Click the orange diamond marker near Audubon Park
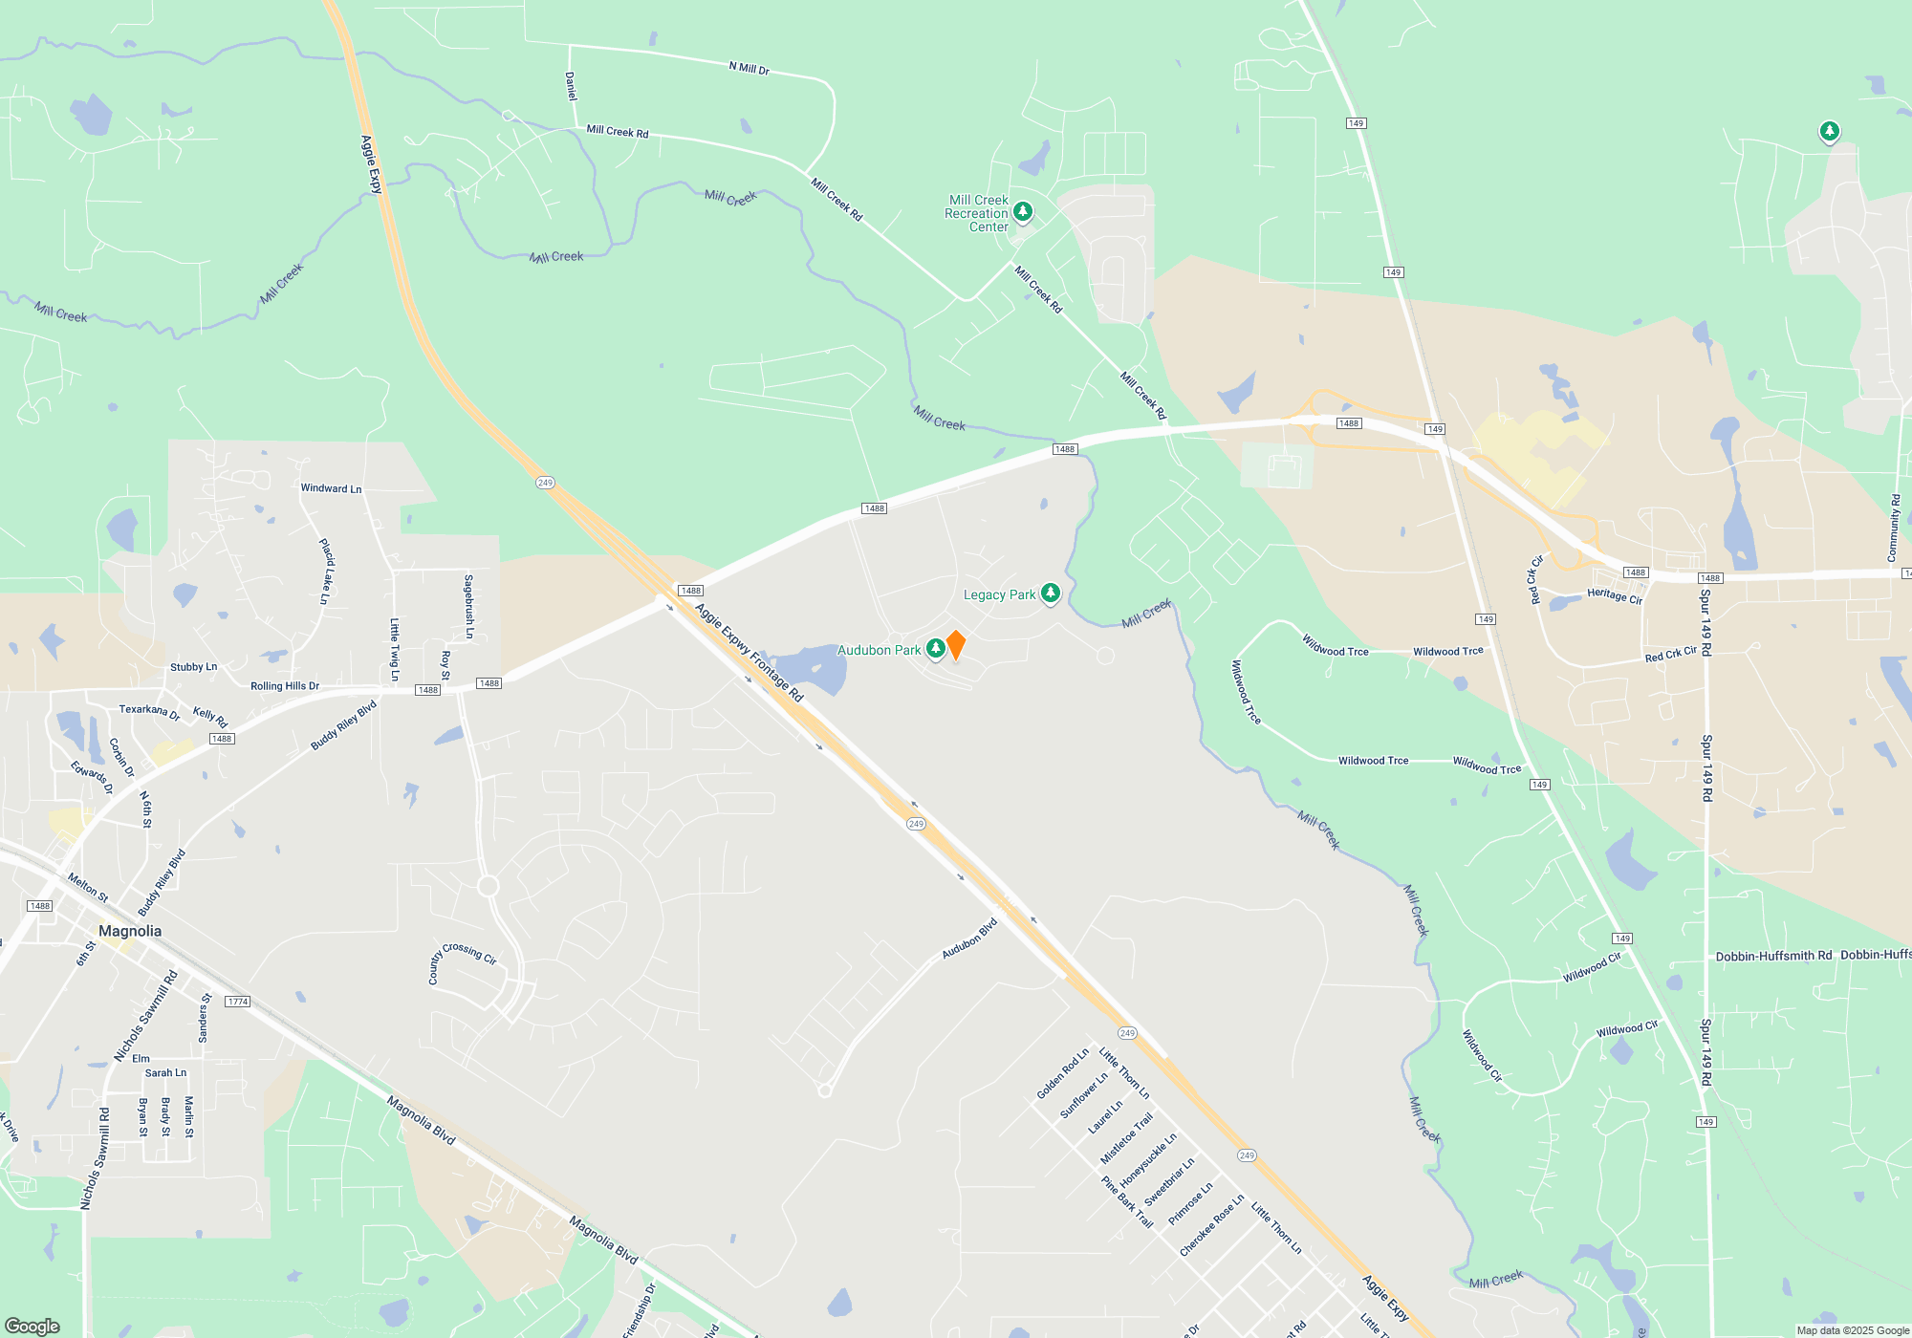point(955,645)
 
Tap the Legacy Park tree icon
point(1050,593)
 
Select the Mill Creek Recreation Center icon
point(1023,211)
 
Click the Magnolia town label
point(130,931)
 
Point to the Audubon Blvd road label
point(969,939)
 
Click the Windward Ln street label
point(331,488)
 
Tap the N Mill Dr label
point(749,68)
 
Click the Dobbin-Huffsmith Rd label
point(1773,956)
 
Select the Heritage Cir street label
point(1614,595)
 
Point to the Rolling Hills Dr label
point(285,686)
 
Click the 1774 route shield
point(237,1002)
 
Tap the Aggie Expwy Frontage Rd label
point(749,653)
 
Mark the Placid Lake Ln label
point(326,571)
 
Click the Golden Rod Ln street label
point(1062,1074)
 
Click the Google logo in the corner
point(33,1327)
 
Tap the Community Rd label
point(1894,528)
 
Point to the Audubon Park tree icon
point(936,649)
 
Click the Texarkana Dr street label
point(149,712)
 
